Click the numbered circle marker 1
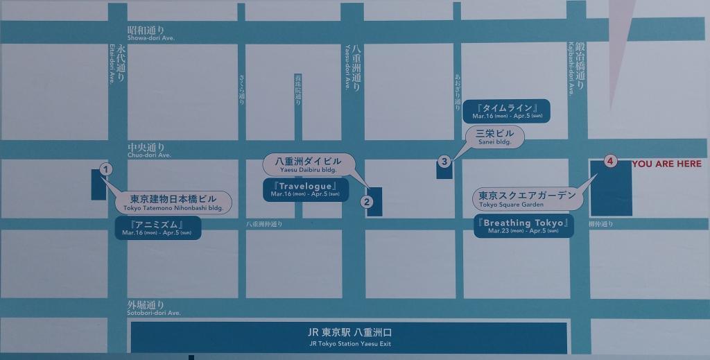point(105,169)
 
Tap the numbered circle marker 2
point(367,203)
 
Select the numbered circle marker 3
point(445,162)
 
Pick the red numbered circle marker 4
point(609,162)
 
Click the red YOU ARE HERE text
point(666,164)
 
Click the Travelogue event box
point(305,190)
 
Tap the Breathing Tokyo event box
point(524,226)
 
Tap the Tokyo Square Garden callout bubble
point(528,199)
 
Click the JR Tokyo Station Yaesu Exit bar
point(349,336)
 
